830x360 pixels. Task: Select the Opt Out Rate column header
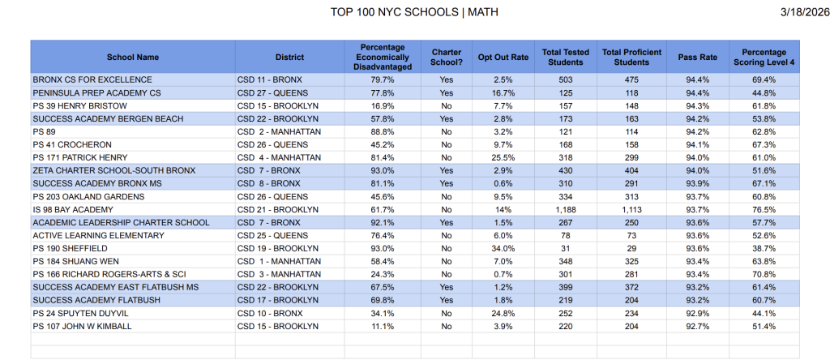coord(503,58)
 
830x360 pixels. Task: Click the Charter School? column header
coord(447,58)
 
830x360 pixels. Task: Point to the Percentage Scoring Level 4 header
coord(764,58)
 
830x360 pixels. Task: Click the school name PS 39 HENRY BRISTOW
coord(74,105)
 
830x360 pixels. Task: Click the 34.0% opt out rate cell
coord(503,248)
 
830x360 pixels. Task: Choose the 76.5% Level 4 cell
coord(764,209)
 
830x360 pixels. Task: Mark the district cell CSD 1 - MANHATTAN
coord(280,261)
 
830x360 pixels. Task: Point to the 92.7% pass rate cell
coord(698,326)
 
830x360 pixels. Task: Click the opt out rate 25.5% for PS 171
coord(503,157)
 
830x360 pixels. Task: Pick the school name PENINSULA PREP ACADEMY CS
coord(96,92)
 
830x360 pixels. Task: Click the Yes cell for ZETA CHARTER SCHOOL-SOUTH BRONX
coord(447,170)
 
